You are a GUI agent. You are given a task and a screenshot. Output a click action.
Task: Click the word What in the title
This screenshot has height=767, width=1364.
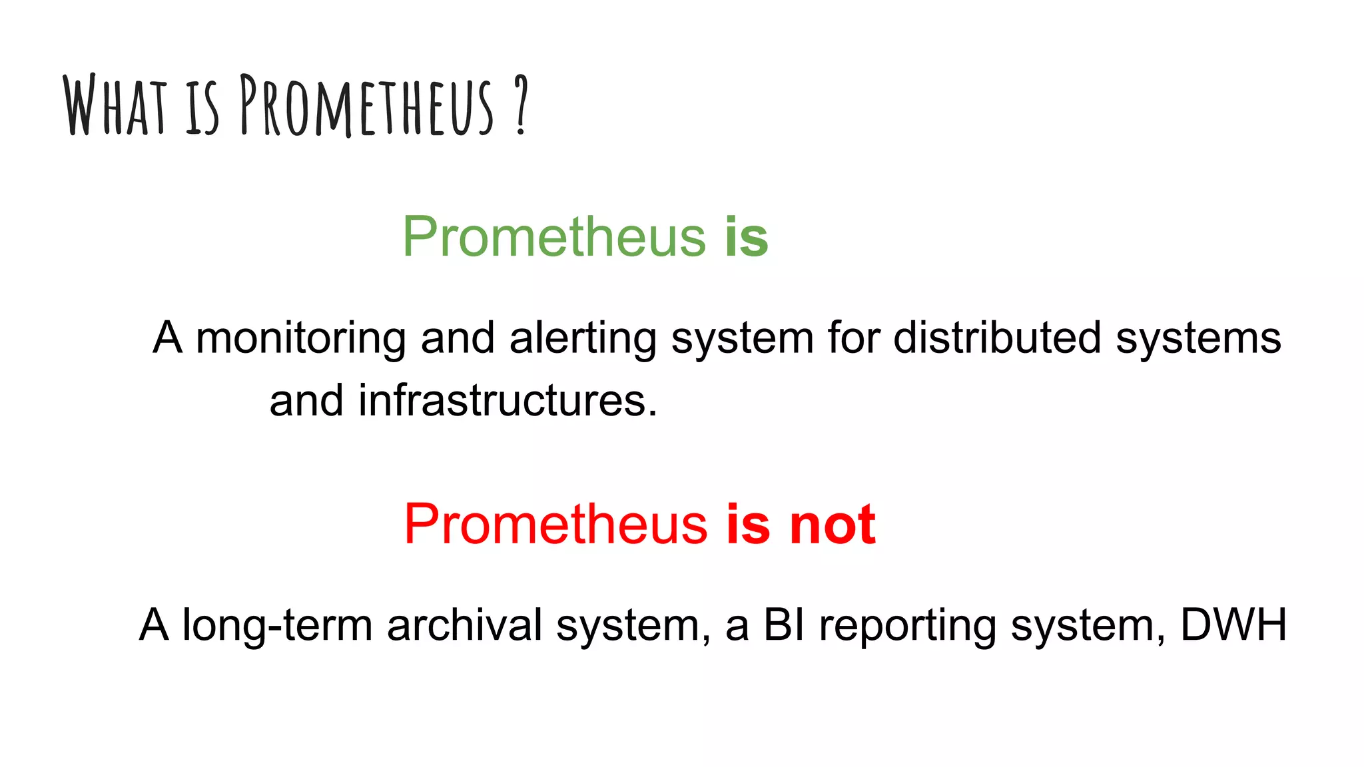pyautogui.click(x=115, y=105)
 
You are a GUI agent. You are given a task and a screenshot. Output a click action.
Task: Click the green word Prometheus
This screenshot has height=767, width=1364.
pyautogui.click(x=554, y=236)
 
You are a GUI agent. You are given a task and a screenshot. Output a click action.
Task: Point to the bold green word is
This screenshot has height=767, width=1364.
pyautogui.click(x=747, y=236)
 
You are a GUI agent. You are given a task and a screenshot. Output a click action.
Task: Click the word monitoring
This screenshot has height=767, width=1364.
pyautogui.click(x=300, y=338)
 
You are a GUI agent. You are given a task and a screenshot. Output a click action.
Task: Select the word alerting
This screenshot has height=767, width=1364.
pyautogui.click(x=583, y=338)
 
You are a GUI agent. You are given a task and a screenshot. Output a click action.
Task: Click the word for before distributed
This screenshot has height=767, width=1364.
pyautogui.click(x=853, y=337)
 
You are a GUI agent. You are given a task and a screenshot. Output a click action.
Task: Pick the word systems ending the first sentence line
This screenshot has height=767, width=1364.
pyautogui.click(x=1198, y=338)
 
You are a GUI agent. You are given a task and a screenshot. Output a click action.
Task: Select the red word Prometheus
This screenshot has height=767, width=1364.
pyautogui.click(x=555, y=524)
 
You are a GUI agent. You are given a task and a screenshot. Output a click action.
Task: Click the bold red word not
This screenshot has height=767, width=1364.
pyautogui.click(x=832, y=524)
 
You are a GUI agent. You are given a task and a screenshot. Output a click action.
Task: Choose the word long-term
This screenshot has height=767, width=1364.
pyautogui.click(x=277, y=625)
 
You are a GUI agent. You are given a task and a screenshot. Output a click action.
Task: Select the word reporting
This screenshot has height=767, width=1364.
pyautogui.click(x=907, y=626)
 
